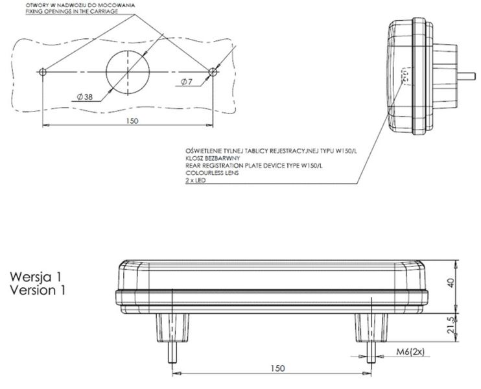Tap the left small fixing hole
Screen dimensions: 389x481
43,71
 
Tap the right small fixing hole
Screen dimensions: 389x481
213,71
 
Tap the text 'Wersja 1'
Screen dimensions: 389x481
37,278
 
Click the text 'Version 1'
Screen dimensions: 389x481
38,290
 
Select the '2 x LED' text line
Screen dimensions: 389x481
195,181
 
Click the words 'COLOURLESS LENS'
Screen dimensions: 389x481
209,173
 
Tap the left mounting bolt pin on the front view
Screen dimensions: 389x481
172,354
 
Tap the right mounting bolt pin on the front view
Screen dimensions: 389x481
370,354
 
